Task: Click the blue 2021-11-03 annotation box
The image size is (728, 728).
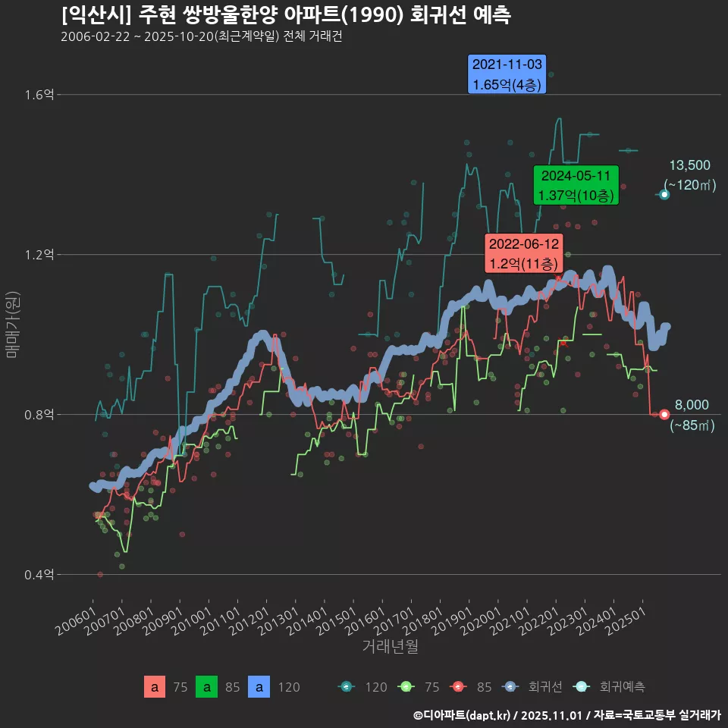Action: point(507,74)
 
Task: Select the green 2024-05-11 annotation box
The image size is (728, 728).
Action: point(576,185)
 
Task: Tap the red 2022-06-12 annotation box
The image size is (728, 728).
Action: point(523,254)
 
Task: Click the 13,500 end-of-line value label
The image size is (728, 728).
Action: point(689,165)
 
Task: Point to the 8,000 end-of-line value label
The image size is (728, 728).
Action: point(692,405)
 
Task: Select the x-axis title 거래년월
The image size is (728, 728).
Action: point(390,647)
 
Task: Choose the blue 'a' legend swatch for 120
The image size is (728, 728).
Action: point(260,687)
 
